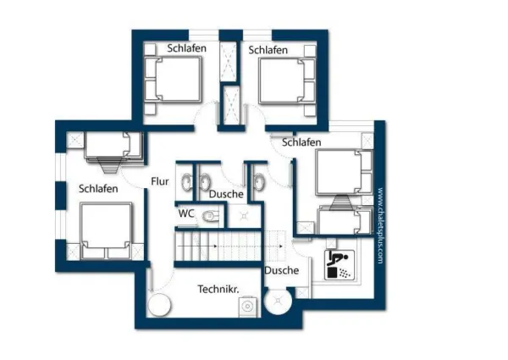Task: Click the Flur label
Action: [x=161, y=181]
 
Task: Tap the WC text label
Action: [x=186, y=213]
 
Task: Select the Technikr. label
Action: [x=218, y=289]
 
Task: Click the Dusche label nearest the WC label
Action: [x=226, y=194]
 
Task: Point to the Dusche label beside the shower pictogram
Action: [x=281, y=270]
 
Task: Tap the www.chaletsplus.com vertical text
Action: [x=381, y=225]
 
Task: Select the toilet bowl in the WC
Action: [x=210, y=218]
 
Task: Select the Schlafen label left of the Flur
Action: [x=98, y=188]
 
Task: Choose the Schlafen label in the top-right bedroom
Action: [x=268, y=50]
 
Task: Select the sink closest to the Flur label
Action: [x=185, y=179]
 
